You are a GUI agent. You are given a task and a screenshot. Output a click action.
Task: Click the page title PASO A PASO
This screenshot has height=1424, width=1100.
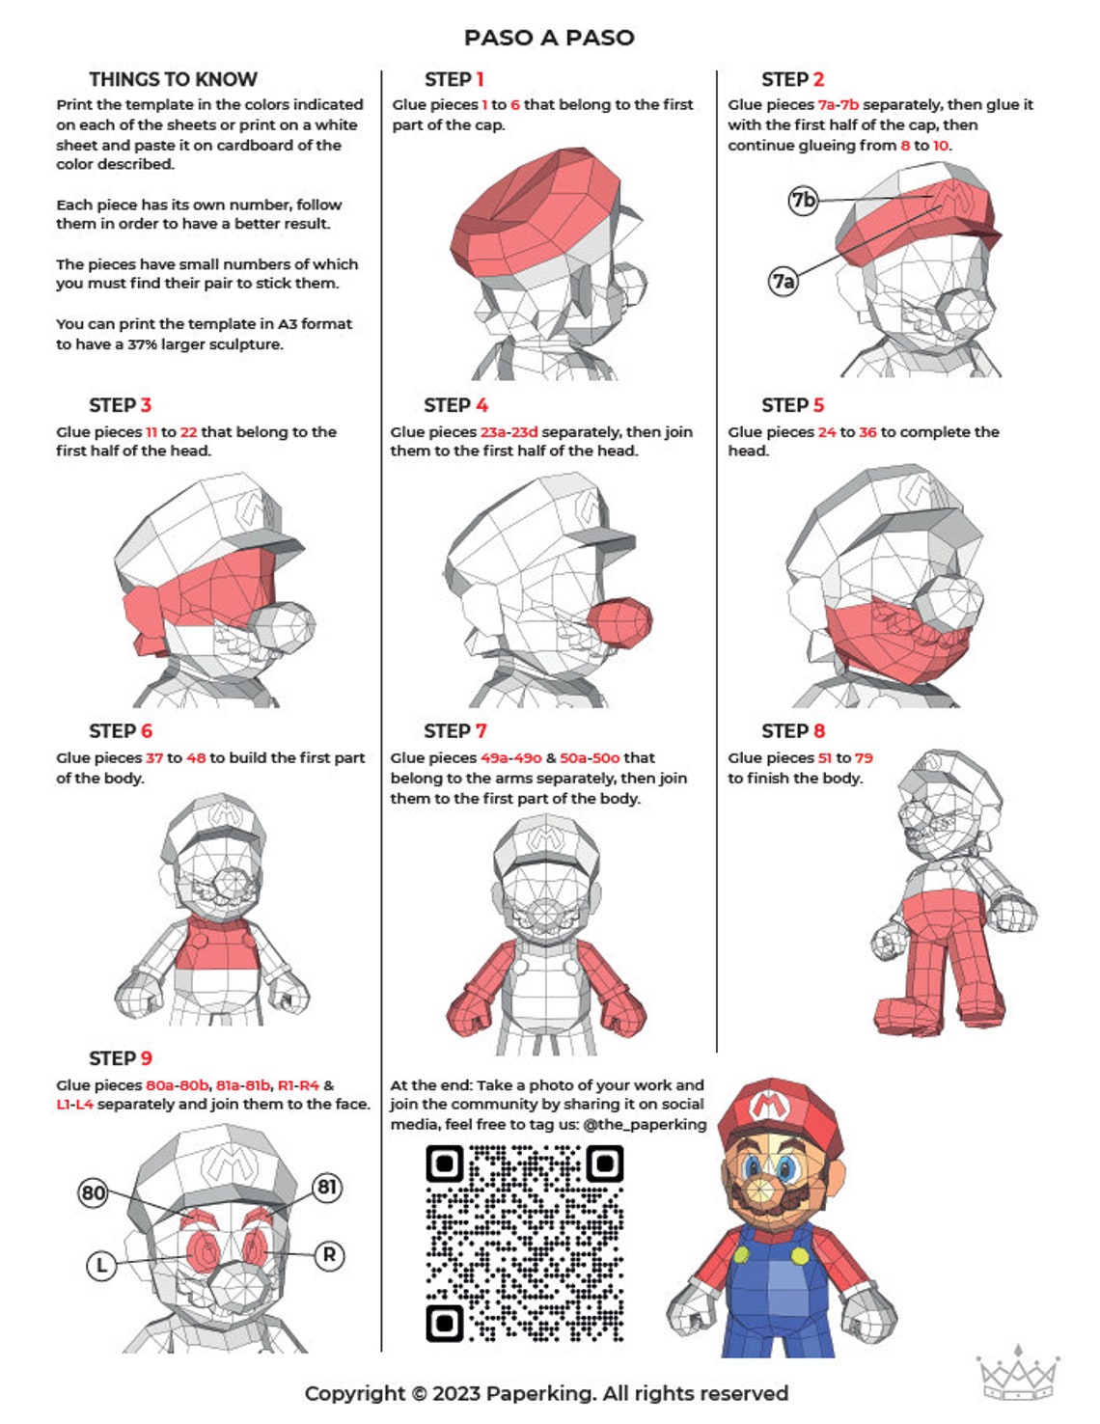point(549,38)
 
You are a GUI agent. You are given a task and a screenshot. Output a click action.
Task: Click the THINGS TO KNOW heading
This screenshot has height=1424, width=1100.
point(173,79)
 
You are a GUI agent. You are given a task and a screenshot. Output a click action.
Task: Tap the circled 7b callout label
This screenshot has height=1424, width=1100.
point(803,200)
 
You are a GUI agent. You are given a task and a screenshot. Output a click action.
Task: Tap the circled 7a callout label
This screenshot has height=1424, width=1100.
point(784,281)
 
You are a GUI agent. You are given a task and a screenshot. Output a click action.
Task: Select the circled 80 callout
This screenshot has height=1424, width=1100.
point(93,1192)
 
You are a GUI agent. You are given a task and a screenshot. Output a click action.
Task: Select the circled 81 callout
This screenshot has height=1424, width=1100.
point(327,1187)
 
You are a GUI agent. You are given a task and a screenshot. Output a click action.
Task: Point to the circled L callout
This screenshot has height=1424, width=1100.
point(100,1264)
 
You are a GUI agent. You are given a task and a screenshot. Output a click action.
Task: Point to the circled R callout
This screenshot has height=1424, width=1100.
point(329,1255)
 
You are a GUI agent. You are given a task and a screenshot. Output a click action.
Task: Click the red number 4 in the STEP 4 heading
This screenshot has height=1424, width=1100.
point(481,405)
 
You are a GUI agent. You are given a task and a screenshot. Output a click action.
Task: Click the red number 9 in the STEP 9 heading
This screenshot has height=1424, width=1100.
point(146,1058)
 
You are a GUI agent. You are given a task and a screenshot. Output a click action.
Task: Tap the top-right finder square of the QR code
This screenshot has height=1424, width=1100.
point(605,1164)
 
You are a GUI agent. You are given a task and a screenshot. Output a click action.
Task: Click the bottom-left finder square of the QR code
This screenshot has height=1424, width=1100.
point(445,1322)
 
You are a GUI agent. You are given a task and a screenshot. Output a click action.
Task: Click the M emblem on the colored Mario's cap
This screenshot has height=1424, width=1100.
point(767,1105)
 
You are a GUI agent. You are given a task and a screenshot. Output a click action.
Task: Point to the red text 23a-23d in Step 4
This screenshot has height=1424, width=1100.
point(509,432)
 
